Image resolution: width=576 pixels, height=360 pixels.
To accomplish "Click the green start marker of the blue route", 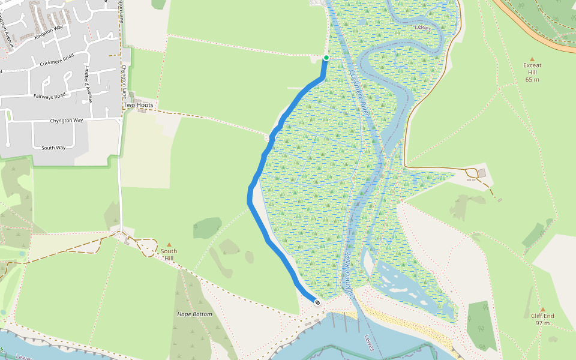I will click(x=326, y=58).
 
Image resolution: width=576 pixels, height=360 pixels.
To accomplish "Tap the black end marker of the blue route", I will click(x=317, y=302).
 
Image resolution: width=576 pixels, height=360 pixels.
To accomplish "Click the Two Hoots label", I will click(x=138, y=105).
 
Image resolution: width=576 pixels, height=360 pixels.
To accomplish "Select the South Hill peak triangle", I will click(x=169, y=244).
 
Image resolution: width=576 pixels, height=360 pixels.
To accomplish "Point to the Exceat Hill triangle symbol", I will click(x=532, y=58).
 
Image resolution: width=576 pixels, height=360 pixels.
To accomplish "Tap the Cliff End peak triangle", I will click(x=542, y=310).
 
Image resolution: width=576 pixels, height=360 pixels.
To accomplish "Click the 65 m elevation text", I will click(x=532, y=79).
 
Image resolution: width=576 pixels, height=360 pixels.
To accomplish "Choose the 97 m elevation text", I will click(x=542, y=323).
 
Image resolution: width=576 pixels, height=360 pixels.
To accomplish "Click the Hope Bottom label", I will click(x=194, y=314).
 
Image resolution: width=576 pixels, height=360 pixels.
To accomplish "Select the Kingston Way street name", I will click(x=49, y=31).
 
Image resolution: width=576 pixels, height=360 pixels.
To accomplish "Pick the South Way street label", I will click(x=53, y=148).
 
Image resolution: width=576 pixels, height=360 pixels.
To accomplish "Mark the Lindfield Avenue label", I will click(x=89, y=83).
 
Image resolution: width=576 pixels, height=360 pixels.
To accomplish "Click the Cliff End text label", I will click(x=542, y=316).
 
